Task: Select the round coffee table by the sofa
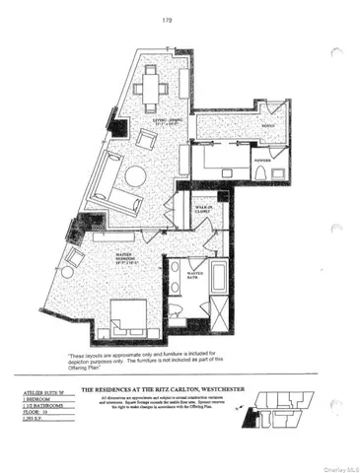pos(134,176)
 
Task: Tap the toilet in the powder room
pos(258,175)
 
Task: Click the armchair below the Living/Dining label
pos(146,141)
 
